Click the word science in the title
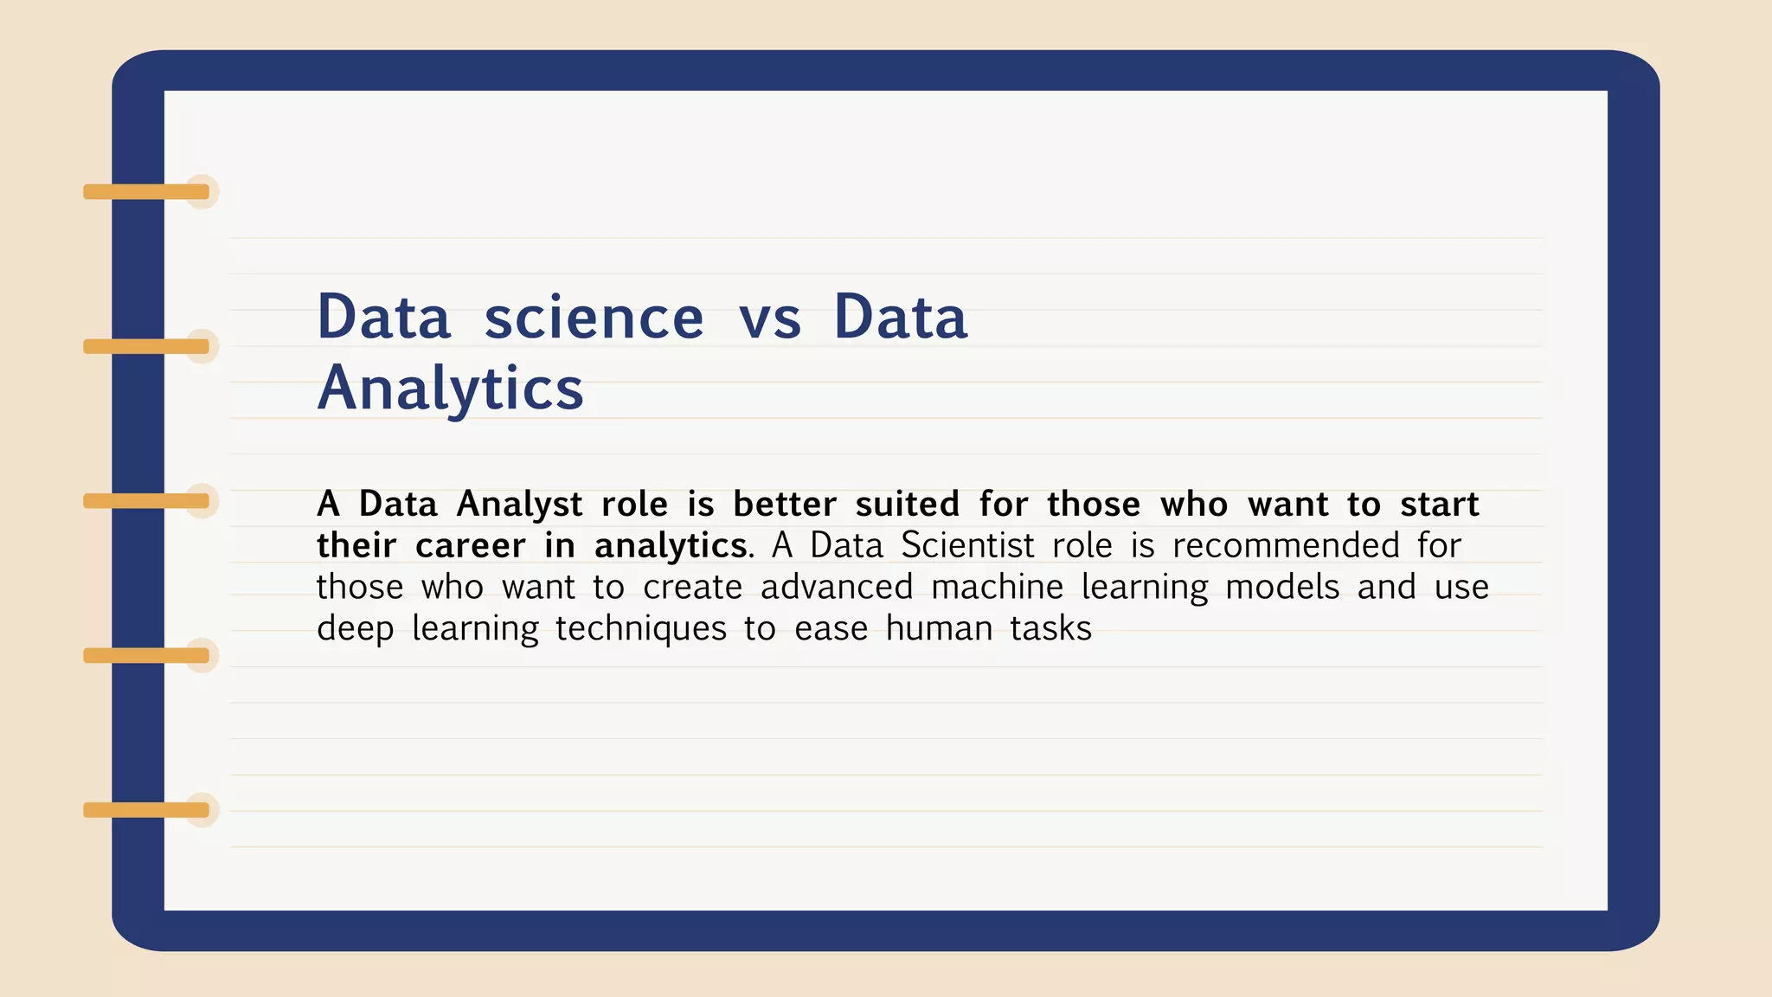coord(594,318)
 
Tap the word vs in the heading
coord(769,318)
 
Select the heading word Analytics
coord(450,389)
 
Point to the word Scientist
coord(967,546)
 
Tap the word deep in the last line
coord(355,629)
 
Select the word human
coord(939,629)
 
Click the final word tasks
coord(1050,629)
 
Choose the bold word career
coord(470,546)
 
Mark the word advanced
coord(837,588)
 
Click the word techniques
coord(640,629)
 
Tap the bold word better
coord(785,505)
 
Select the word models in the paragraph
coord(1282,588)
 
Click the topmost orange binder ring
coord(146,192)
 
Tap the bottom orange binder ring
coord(146,810)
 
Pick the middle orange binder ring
coord(146,501)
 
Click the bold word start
coord(1440,505)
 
